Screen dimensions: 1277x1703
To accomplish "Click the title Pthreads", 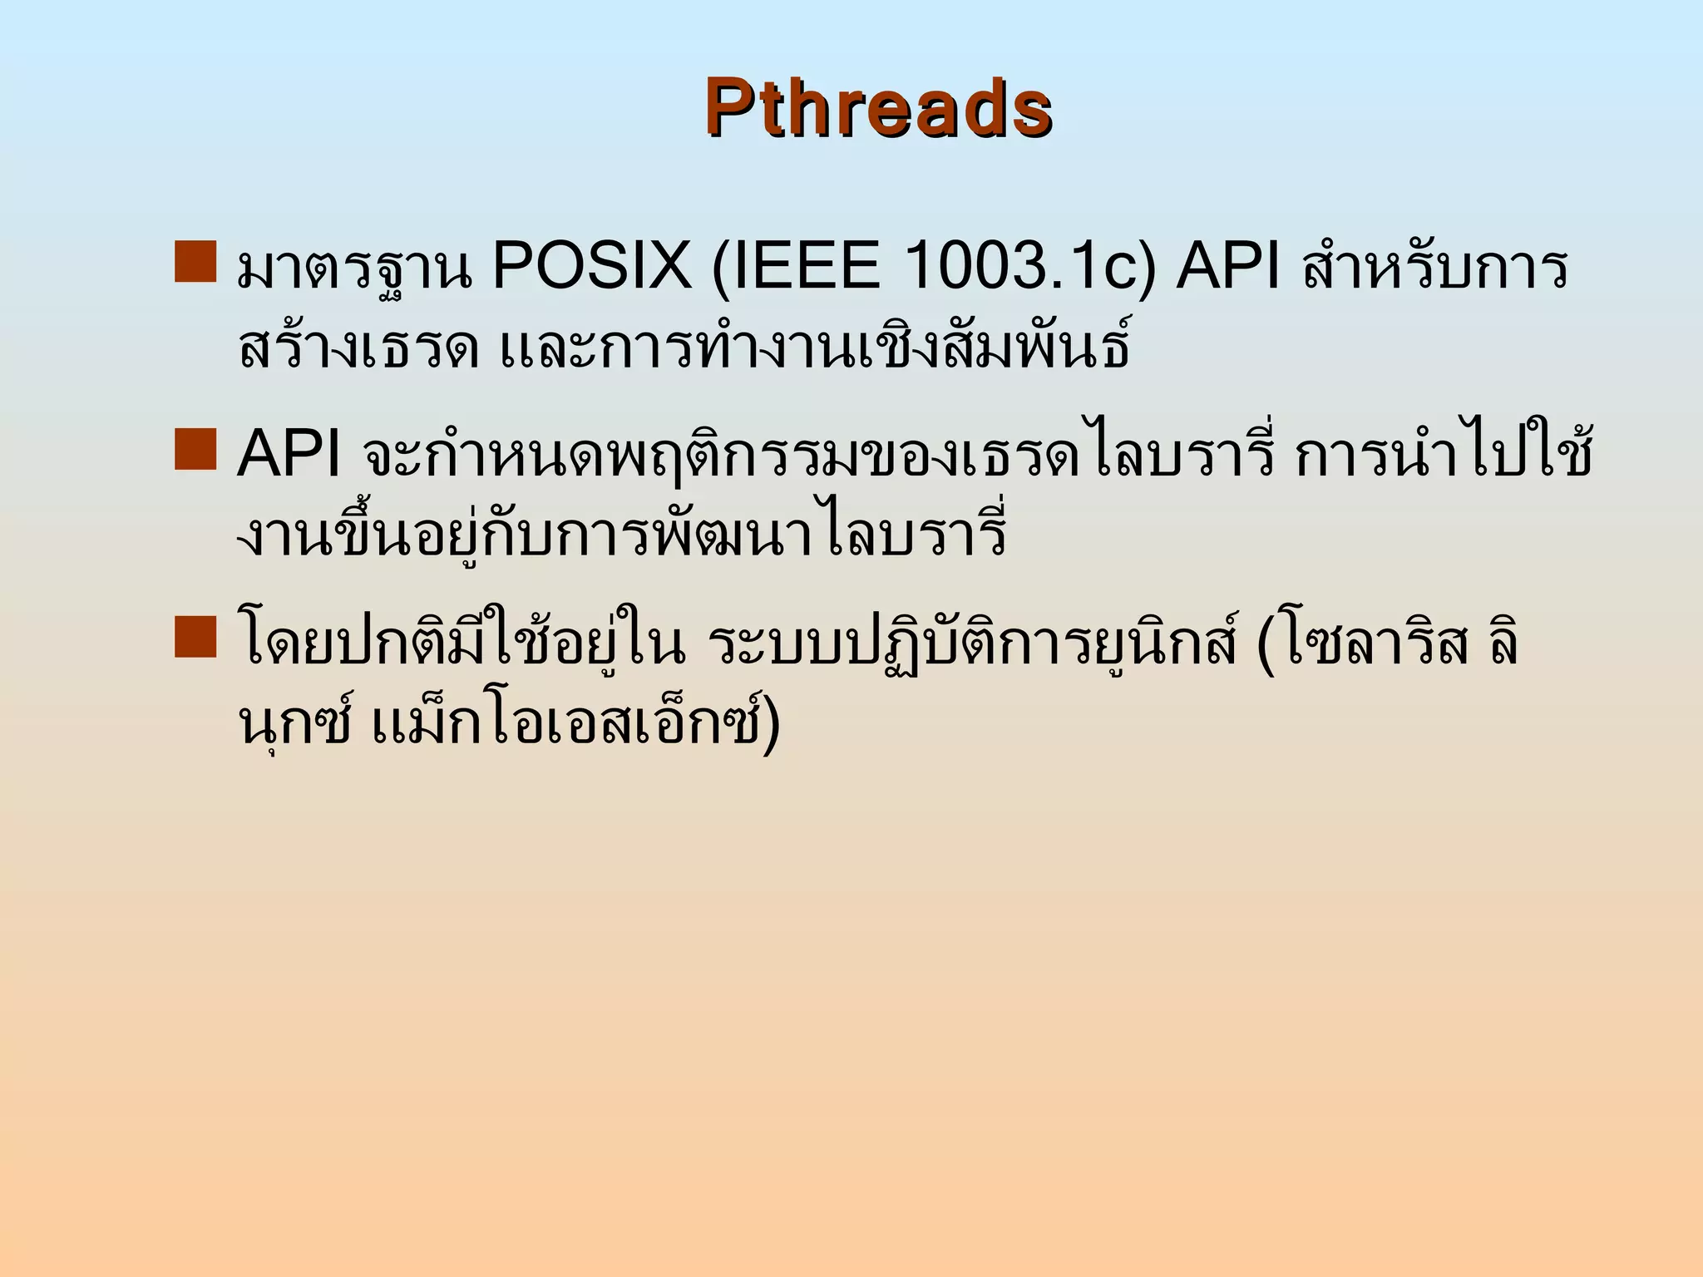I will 878,108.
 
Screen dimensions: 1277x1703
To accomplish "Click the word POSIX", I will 591,267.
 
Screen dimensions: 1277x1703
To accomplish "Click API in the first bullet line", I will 1228,267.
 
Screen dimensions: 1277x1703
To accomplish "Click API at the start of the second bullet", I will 289,455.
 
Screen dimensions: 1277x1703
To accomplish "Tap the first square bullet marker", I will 195,262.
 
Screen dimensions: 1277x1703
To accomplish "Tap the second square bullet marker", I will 195,450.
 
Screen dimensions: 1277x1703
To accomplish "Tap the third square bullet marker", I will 195,638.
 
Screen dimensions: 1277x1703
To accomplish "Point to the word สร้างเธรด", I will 358,348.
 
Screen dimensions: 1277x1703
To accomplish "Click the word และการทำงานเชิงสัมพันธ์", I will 815,348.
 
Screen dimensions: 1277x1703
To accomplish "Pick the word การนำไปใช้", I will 1444,455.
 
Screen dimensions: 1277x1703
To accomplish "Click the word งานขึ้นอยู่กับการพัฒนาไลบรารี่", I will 622,535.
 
